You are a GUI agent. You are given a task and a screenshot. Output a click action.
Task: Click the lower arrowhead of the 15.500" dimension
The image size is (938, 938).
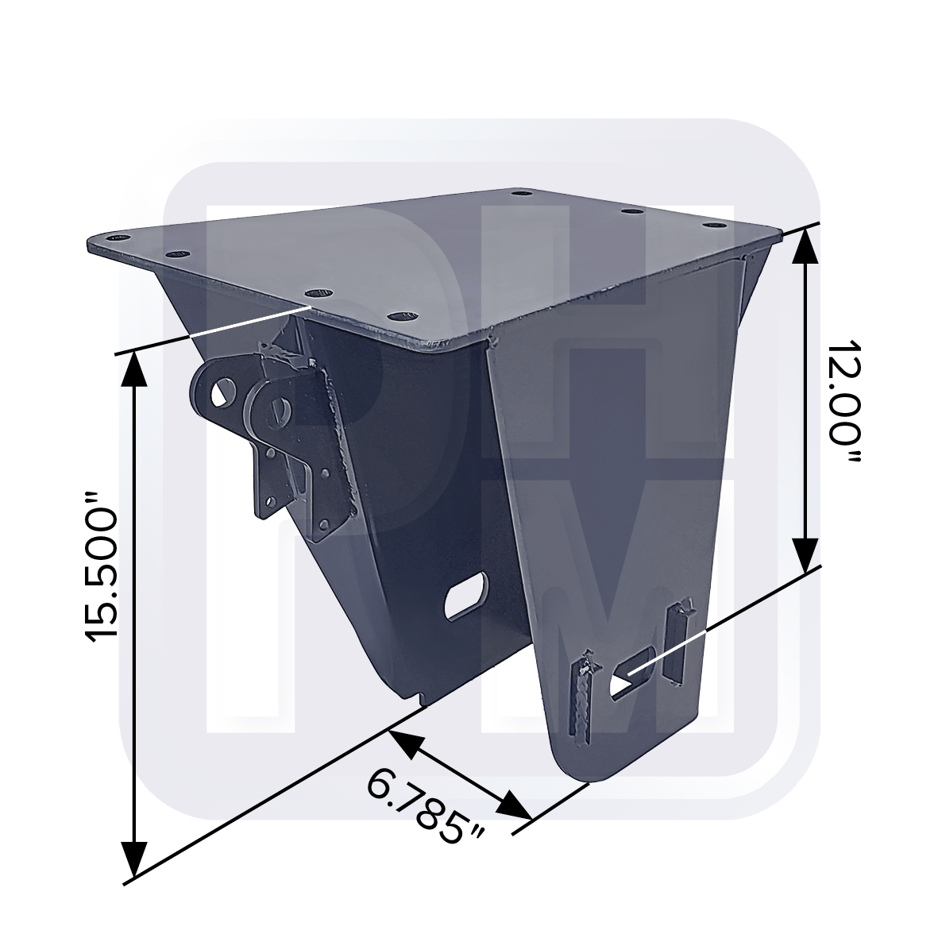click(x=134, y=859)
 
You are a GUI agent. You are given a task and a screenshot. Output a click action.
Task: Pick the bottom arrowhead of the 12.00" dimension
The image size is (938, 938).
click(x=806, y=554)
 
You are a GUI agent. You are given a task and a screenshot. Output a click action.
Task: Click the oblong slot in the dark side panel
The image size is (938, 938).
click(x=466, y=596)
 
